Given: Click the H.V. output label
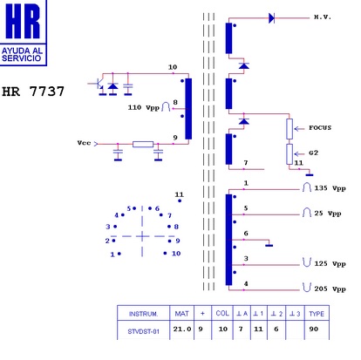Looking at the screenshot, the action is point(323,17).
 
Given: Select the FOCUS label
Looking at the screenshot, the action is point(320,127).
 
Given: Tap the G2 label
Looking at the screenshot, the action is point(313,153).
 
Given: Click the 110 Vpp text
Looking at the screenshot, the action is point(144,107).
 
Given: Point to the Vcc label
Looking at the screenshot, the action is point(84,143).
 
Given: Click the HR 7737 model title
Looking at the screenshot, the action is point(33,92).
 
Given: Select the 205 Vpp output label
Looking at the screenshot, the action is point(330,289).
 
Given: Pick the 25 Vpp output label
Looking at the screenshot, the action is point(328,214).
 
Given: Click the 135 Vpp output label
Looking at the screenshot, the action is point(330,188).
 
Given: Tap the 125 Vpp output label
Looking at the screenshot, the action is point(330,264).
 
